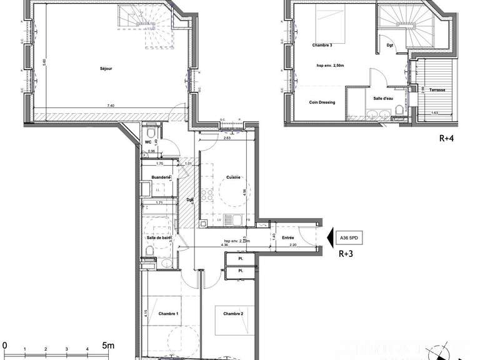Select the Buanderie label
point(161,178)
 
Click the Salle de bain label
point(159,237)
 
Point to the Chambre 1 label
point(169,314)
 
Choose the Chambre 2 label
point(233,314)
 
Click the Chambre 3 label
point(322,46)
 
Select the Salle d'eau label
point(383,99)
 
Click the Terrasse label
point(437,90)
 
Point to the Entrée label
point(287,237)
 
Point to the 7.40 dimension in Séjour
point(111,106)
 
